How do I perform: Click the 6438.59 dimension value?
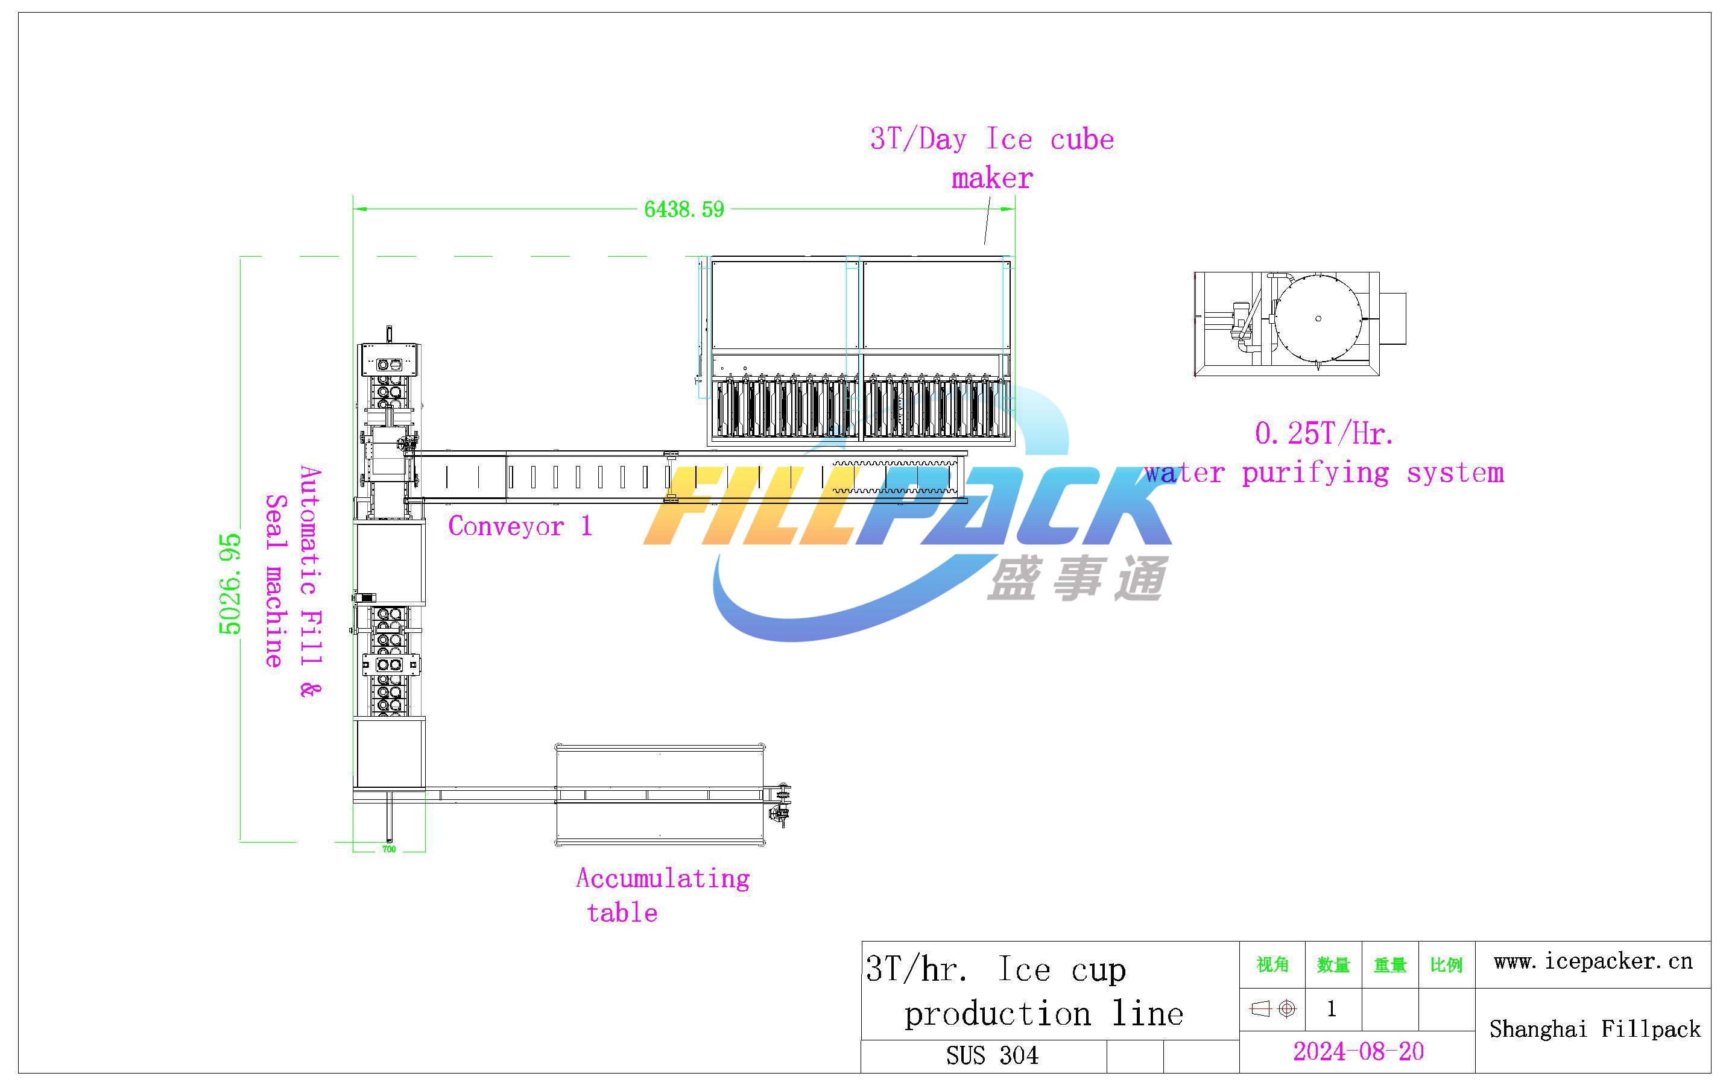click(x=684, y=210)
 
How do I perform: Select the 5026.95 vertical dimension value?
click(x=230, y=584)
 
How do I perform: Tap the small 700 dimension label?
click(x=389, y=849)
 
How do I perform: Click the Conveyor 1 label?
click(x=520, y=526)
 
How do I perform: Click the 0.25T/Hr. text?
click(x=1324, y=433)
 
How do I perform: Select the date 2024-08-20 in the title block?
click(x=1358, y=1051)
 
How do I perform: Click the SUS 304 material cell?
click(x=992, y=1055)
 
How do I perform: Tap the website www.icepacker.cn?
click(x=1593, y=961)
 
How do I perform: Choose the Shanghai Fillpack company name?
click(x=1595, y=1029)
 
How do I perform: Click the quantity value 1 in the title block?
click(x=1332, y=1009)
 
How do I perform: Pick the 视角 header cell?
click(x=1272, y=964)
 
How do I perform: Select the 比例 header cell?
click(x=1446, y=965)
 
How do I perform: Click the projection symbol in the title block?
click(x=1273, y=1009)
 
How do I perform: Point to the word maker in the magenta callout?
click(x=992, y=178)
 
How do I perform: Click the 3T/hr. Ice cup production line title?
click(x=1025, y=991)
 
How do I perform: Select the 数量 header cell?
click(x=1333, y=965)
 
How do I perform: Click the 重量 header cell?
click(x=1390, y=965)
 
